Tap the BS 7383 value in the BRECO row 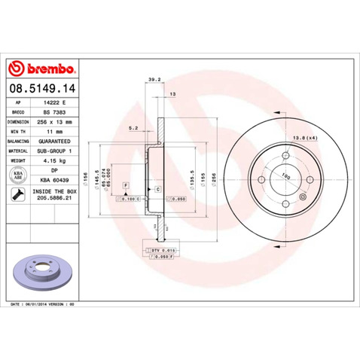(62, 110)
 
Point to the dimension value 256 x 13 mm (64, 120)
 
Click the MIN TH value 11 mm (63, 130)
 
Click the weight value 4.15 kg (63, 160)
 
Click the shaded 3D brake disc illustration (43, 272)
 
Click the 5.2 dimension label (133, 128)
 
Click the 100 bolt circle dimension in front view (285, 178)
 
